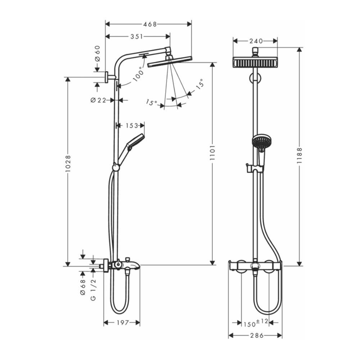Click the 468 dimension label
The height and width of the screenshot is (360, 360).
[150, 24]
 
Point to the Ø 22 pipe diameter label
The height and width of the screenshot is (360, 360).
[98, 100]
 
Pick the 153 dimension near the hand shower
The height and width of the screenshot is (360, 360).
[132, 126]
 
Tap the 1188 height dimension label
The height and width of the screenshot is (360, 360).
[300, 156]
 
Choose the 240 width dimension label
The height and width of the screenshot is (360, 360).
[255, 41]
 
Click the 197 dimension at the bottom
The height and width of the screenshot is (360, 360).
[122, 323]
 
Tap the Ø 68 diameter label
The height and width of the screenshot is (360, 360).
[82, 287]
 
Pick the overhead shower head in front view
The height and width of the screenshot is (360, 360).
[255, 62]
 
